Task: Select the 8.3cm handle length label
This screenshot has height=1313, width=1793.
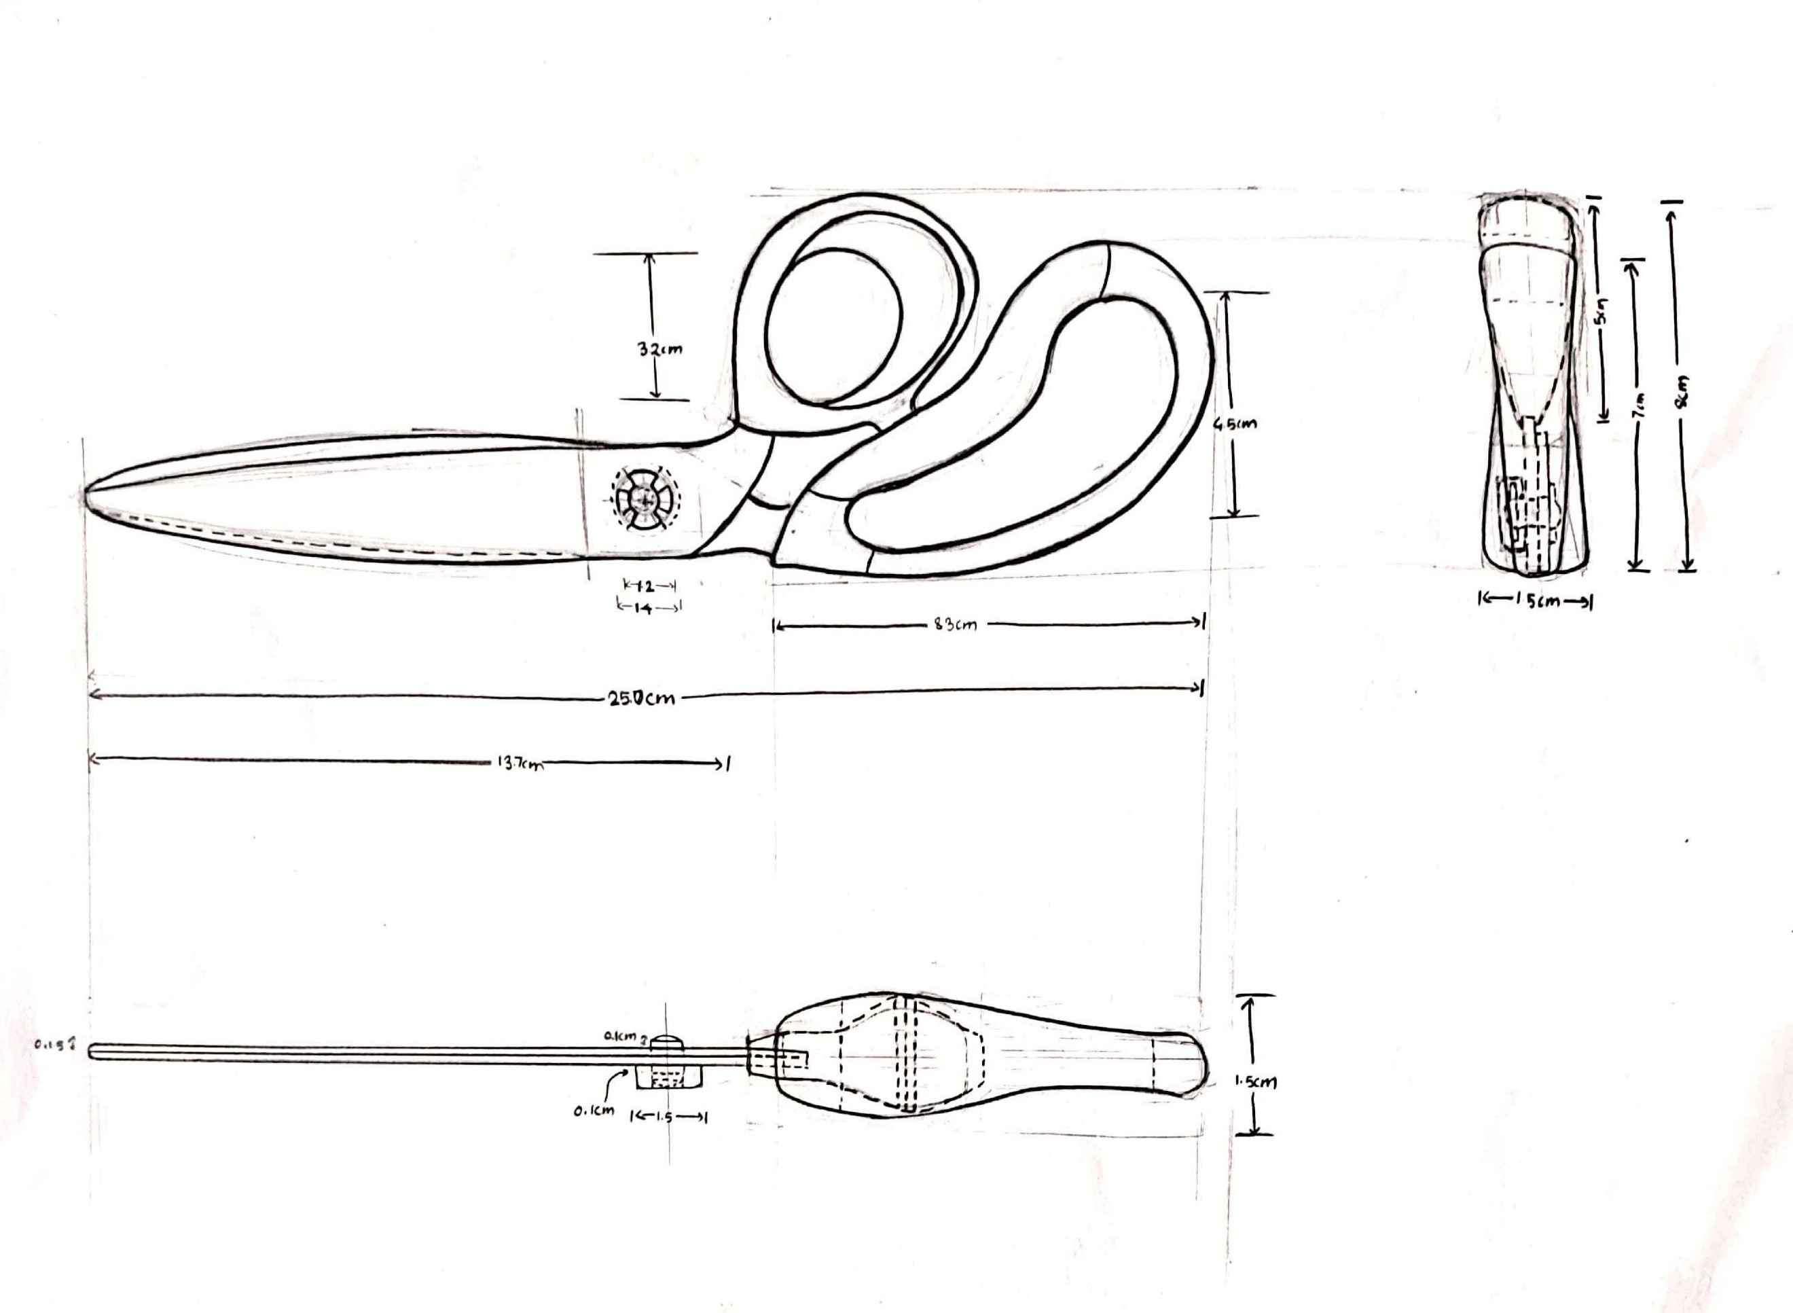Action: (x=956, y=625)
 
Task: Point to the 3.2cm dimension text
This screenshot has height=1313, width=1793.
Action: (x=659, y=349)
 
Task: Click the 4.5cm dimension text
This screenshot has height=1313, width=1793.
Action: (x=1235, y=424)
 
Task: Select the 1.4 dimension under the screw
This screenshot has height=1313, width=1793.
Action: (x=647, y=607)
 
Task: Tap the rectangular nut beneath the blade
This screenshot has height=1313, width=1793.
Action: (x=668, y=1079)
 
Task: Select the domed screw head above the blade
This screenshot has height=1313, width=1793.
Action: (x=668, y=1041)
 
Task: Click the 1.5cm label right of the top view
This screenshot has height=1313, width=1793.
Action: (x=1255, y=1082)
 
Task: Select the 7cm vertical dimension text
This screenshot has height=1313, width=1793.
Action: (x=1640, y=406)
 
